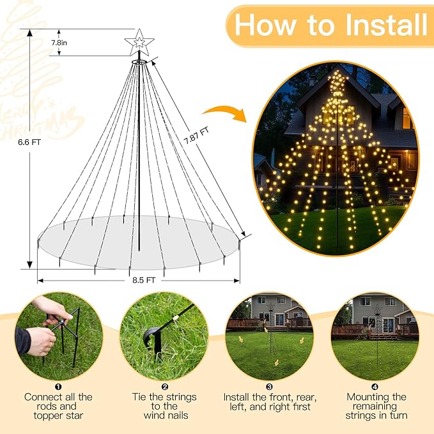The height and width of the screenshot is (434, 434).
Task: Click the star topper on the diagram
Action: point(139,42)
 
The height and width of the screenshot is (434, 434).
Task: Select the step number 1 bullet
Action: point(59,387)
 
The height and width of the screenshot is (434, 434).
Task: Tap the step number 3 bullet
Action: point(270,387)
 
